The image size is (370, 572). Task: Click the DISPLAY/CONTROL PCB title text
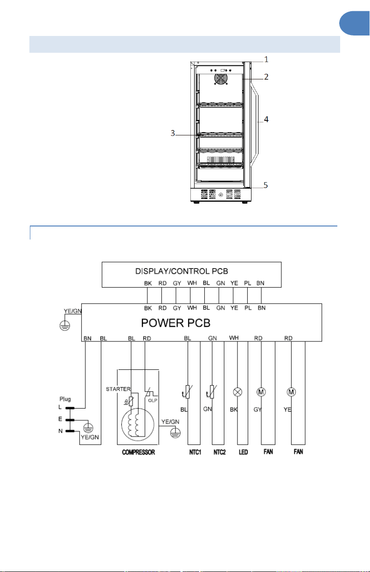(x=182, y=271)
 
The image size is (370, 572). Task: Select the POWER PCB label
(x=175, y=323)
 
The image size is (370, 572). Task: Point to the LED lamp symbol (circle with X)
(x=237, y=392)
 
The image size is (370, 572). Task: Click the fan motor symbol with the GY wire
(x=261, y=392)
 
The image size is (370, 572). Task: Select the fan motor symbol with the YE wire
(x=291, y=392)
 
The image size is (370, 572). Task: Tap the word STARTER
(x=118, y=389)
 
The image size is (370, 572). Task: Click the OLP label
(x=153, y=401)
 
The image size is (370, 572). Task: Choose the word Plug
(x=65, y=399)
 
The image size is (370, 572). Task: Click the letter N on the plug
(x=61, y=431)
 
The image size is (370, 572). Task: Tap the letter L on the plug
(x=60, y=407)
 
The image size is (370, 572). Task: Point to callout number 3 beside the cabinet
(x=173, y=133)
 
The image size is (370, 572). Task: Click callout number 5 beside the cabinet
(x=265, y=185)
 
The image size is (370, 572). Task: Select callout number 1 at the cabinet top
(x=266, y=59)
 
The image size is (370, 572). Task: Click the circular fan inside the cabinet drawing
(x=221, y=79)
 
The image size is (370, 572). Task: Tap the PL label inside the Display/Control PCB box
(x=247, y=283)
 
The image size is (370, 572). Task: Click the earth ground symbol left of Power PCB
(x=64, y=325)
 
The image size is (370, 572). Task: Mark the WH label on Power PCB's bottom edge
(x=234, y=338)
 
